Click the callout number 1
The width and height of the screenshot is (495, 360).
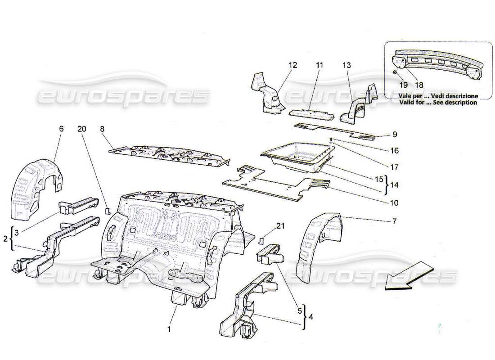tap(169, 329)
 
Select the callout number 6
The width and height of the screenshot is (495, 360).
tap(61, 129)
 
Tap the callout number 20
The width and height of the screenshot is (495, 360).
tap(81, 129)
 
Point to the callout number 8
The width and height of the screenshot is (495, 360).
tap(102, 129)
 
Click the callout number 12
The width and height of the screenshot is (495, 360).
tap(293, 65)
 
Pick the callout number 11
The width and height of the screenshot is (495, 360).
tap(319, 65)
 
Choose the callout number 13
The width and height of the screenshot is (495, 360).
tap(346, 65)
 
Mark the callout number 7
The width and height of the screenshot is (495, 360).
tap(394, 220)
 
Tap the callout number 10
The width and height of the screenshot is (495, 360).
tap(394, 203)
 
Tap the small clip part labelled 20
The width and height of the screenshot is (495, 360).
tap(108, 210)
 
